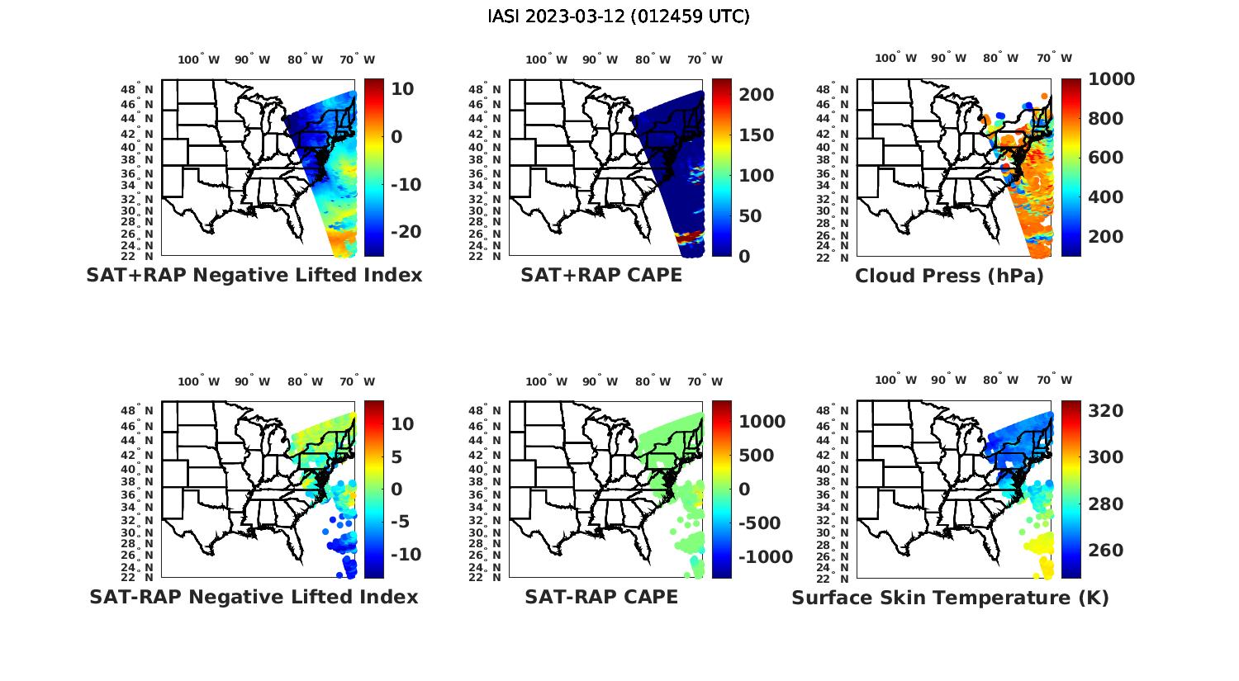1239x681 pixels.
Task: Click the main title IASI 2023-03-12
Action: click(x=619, y=17)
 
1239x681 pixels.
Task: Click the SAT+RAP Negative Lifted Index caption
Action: click(x=254, y=275)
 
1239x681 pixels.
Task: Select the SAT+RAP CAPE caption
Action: click(x=601, y=275)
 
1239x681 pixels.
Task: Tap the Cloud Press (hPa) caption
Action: click(x=949, y=276)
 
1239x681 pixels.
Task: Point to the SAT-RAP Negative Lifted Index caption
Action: click(x=254, y=597)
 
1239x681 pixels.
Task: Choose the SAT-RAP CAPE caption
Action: click(x=601, y=597)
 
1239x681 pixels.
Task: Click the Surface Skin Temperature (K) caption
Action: click(x=950, y=598)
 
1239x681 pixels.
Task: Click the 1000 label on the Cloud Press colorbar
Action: click(x=1111, y=79)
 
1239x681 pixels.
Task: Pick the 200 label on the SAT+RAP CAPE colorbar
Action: click(x=756, y=95)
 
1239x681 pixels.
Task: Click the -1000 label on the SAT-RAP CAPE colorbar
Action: click(x=765, y=557)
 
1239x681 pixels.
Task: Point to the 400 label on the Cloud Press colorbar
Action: click(x=1105, y=197)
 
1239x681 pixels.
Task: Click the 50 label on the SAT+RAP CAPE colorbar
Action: click(x=750, y=216)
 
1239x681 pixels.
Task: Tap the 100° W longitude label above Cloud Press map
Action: click(x=895, y=59)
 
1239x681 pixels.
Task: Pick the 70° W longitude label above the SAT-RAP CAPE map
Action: click(x=705, y=381)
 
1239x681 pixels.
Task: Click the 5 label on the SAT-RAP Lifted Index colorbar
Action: click(x=396, y=456)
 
